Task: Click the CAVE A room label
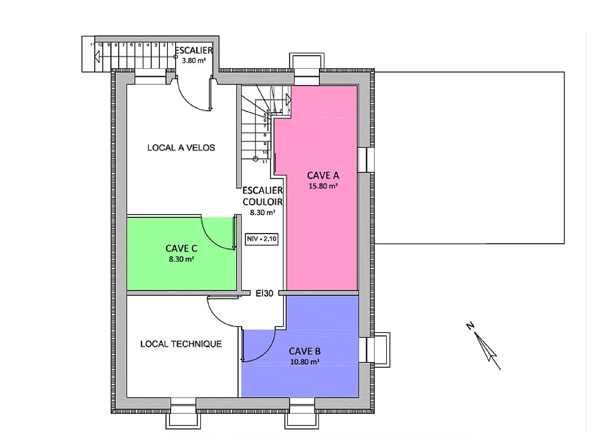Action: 323,175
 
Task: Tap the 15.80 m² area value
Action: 323,186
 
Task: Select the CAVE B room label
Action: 305,351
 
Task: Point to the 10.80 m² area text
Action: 305,362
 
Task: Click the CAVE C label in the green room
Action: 181,249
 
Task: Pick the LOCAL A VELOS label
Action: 181,148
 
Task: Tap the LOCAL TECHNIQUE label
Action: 181,344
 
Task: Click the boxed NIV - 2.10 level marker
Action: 261,238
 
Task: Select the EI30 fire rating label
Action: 264,293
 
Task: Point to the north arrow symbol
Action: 484,346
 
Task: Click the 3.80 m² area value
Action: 194,60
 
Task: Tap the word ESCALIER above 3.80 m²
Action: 194,50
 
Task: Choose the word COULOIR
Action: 263,202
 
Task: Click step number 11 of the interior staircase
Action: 264,162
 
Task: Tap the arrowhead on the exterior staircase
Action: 97,57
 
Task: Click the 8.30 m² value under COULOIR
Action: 263,213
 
